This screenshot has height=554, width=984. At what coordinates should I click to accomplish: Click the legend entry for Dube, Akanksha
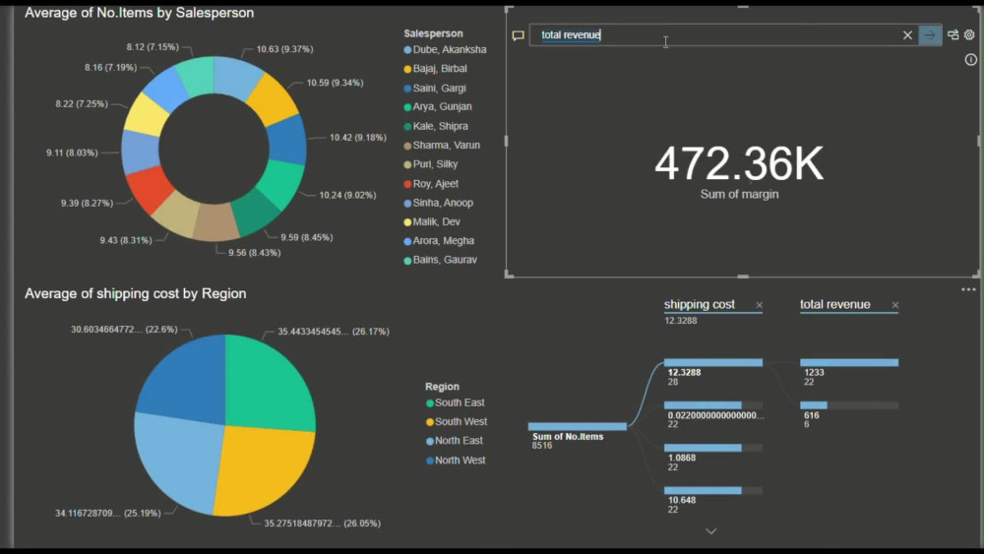pyautogui.click(x=449, y=49)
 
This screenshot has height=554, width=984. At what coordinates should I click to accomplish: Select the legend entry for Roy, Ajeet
pyautogui.click(x=435, y=184)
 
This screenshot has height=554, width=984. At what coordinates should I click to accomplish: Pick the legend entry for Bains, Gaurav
pyautogui.click(x=445, y=260)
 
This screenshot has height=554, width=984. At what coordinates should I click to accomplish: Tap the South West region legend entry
pyautogui.click(x=461, y=421)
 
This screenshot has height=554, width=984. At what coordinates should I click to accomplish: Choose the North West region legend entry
pyautogui.click(x=460, y=461)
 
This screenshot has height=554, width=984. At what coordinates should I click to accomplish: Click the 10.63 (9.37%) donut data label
pyautogui.click(x=284, y=49)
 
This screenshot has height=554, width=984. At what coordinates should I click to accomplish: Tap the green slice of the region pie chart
pyautogui.click(x=268, y=384)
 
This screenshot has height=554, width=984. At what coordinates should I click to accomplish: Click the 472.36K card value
pyautogui.click(x=739, y=164)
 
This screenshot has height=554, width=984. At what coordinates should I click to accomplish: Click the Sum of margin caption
pyautogui.click(x=739, y=195)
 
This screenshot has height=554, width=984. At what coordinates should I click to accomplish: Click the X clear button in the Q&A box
pyautogui.click(x=907, y=35)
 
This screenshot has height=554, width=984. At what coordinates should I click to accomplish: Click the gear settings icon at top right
pyautogui.click(x=969, y=35)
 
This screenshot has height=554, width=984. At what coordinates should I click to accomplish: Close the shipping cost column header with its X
pyautogui.click(x=759, y=305)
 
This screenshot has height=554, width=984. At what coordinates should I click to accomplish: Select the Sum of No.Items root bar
pyautogui.click(x=577, y=426)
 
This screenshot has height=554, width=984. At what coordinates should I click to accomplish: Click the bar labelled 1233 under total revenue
pyautogui.click(x=848, y=362)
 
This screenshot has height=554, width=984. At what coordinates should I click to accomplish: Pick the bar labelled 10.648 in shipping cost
pyautogui.click(x=703, y=490)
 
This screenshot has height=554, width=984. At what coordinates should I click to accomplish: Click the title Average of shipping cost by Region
pyautogui.click(x=136, y=293)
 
